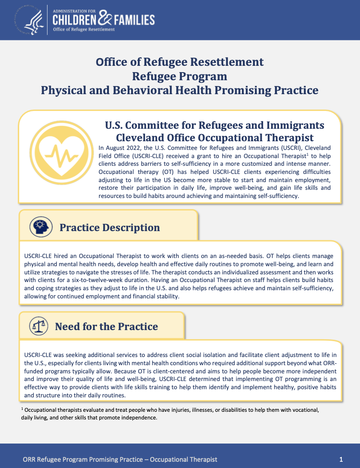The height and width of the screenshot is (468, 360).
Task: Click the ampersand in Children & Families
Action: point(105,19)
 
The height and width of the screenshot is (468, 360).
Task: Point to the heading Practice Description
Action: point(109,228)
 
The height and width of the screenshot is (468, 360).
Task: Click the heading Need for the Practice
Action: point(107,327)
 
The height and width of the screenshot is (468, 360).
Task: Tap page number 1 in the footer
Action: point(341,459)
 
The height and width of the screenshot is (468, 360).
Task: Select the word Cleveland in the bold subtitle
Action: point(140,137)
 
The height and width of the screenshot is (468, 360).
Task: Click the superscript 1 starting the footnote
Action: point(22,408)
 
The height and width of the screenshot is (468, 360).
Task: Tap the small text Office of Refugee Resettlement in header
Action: point(84,29)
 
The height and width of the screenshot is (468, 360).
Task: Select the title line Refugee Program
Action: point(180,76)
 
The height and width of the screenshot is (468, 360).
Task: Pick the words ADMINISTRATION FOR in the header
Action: point(75,10)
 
